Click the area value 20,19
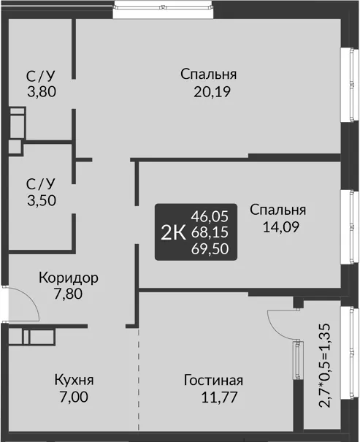(212, 92)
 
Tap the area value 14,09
(281, 227)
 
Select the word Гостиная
(213, 381)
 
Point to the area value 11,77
(219, 397)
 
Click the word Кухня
(74, 380)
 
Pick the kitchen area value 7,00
(74, 397)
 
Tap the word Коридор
(69, 278)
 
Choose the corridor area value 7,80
(68, 294)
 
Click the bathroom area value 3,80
(42, 91)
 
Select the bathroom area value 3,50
(42, 200)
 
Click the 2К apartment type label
(173, 233)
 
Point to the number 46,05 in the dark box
(210, 216)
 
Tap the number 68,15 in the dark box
(210, 232)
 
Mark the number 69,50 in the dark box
(210, 249)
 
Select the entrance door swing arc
(34, 300)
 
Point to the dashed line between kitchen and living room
(139, 379)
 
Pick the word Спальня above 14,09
(277, 210)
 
